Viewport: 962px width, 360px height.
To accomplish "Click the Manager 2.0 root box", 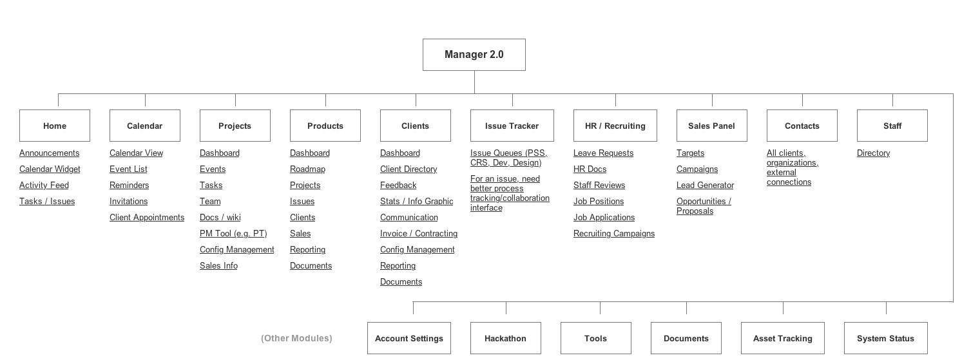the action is [x=474, y=55].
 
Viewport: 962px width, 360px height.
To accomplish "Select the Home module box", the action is [x=55, y=126].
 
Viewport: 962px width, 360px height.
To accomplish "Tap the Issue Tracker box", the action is [x=512, y=126].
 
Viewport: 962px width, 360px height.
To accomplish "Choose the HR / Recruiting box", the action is [x=615, y=126].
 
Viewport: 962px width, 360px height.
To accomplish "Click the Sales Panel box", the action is [x=711, y=126].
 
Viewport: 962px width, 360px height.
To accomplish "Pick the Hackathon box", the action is [x=505, y=338].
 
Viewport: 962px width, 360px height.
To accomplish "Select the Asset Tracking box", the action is [x=782, y=338].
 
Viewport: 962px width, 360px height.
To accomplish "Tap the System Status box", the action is [x=885, y=338].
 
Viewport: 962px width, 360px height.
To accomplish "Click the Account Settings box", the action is [x=409, y=338].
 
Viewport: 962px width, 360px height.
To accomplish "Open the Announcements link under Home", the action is [x=50, y=153].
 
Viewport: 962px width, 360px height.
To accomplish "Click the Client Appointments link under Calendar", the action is [x=147, y=218].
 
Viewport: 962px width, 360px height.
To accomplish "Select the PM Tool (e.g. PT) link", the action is [x=233, y=233].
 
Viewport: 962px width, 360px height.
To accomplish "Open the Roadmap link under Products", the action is [x=307, y=169].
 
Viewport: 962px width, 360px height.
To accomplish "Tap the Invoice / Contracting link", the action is [x=419, y=233].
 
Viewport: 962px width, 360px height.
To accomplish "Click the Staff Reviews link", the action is [x=599, y=185].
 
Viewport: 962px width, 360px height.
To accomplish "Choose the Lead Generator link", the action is [x=705, y=185].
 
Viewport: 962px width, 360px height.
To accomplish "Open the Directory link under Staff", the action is [x=874, y=153].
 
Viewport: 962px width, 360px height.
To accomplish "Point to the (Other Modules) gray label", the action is [x=296, y=338].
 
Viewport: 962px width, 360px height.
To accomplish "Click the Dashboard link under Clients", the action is [x=400, y=153].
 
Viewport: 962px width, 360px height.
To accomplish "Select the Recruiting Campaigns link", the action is [x=614, y=233].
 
